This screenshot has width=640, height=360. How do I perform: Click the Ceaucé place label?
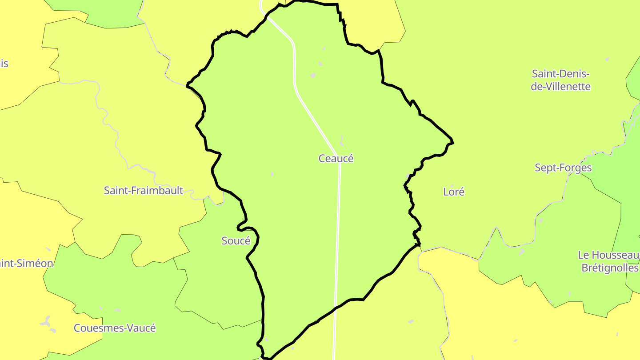336,158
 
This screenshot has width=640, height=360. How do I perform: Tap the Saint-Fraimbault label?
143,190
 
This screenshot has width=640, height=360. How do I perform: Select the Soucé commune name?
236,240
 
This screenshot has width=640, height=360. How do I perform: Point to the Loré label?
454,192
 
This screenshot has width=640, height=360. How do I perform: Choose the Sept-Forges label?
563,168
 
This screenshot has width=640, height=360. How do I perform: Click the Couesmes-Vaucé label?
115,328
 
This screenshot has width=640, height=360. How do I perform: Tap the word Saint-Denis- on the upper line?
560,73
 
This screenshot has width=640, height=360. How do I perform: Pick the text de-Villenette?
560,86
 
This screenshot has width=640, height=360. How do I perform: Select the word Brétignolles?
610,268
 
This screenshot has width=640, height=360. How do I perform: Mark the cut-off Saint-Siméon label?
27,263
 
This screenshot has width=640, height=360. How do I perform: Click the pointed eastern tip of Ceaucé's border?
452,142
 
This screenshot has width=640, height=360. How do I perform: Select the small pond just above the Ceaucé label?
341,141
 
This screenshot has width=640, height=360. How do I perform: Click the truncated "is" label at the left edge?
4,64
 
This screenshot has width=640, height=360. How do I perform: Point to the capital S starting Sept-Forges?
538,168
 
